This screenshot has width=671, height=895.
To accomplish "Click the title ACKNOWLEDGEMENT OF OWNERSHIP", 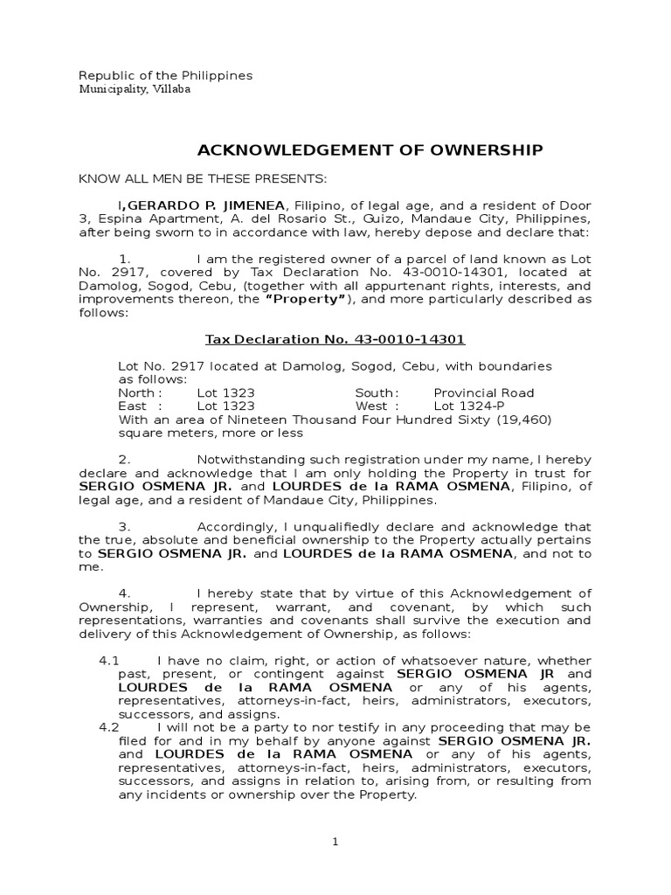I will click(367, 150).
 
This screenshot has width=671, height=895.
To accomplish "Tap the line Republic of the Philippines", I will click(166, 75).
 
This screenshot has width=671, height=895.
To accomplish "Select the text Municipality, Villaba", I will click(135, 89).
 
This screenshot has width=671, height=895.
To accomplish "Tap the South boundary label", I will click(377, 392).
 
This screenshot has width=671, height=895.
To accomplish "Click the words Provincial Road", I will click(484, 392).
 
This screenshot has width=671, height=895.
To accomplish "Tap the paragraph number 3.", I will click(124, 527).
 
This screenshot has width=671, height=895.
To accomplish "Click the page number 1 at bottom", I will click(335, 842).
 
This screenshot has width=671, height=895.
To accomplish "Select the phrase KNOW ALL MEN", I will click(131, 179).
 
